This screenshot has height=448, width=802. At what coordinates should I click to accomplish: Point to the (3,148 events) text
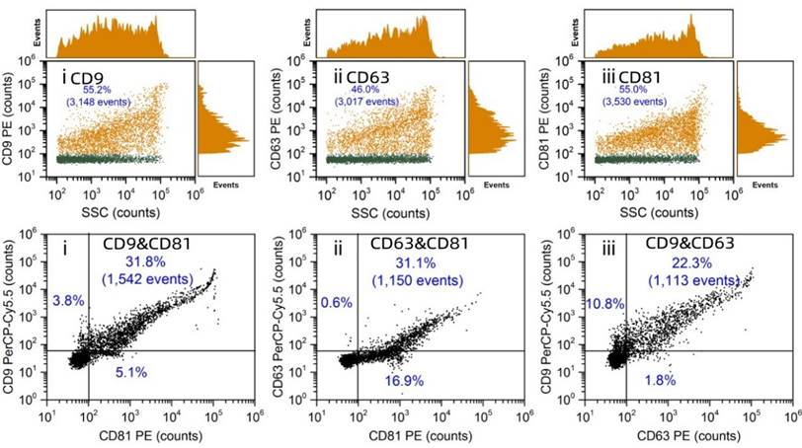[x=105, y=101]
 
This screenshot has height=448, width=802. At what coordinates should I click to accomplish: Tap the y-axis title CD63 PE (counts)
[x=277, y=120]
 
